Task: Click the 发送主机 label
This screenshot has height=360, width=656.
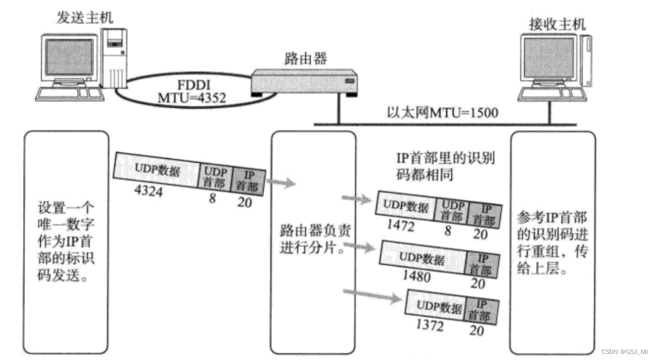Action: point(85,17)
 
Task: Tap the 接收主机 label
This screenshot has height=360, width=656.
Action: point(556,24)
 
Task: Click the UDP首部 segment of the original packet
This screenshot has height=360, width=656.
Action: point(214,176)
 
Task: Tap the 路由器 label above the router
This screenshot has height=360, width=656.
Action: point(301,57)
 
